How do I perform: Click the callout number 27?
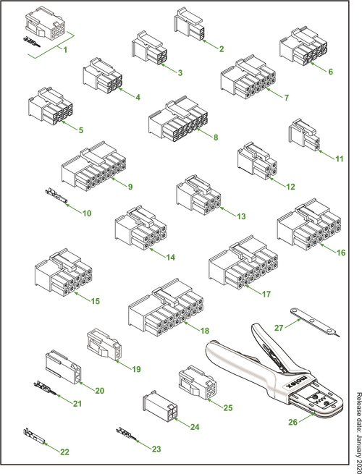(279, 328)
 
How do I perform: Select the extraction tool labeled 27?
(315, 323)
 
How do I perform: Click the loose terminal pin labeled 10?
(56, 196)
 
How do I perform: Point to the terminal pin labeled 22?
(34, 436)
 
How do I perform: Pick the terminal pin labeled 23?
(127, 435)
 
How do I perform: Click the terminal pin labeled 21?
(45, 388)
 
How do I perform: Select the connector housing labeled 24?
(160, 406)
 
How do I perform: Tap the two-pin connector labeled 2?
(188, 24)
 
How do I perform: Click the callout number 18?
(205, 331)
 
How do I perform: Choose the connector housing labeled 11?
(304, 135)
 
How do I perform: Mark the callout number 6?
(331, 72)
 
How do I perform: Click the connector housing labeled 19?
(104, 344)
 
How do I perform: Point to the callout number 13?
(241, 216)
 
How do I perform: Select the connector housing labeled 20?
(63, 367)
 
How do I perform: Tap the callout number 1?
(65, 50)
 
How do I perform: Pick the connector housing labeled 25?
(197, 382)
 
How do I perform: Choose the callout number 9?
(130, 187)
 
